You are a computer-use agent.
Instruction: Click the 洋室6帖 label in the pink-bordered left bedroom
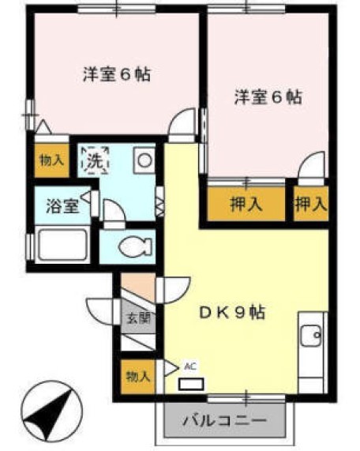point(116,76)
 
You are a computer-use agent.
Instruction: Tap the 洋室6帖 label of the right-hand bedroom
point(268,98)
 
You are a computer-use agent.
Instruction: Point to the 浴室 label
point(61,207)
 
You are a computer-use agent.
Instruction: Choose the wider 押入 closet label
point(246,204)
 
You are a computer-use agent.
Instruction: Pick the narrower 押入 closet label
point(310,204)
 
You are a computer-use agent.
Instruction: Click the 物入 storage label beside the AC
point(137,376)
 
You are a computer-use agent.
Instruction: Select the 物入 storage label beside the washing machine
point(52,160)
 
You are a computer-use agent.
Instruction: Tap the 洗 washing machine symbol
point(95,160)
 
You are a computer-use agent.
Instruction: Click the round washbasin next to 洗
point(144,160)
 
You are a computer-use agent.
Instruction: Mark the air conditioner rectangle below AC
point(189,385)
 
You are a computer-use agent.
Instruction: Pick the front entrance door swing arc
point(103,310)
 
